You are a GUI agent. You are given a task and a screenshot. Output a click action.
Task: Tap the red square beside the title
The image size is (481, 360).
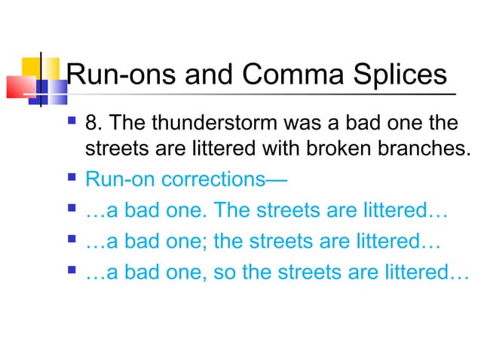pyautogui.click(x=17, y=87)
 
